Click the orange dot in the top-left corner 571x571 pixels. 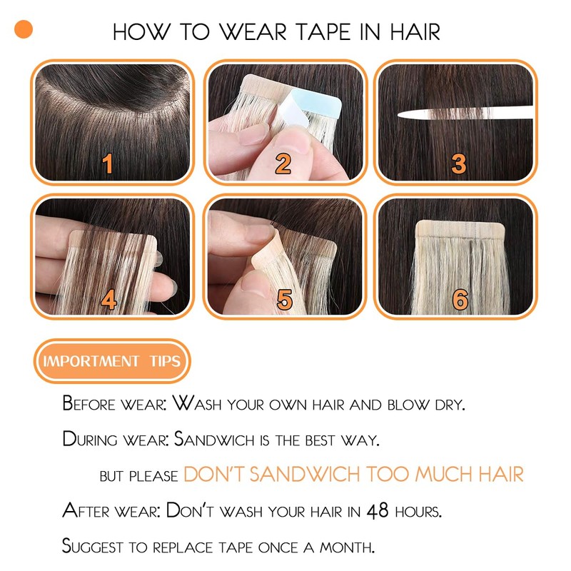click(x=23, y=29)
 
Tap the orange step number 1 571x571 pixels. click(x=108, y=165)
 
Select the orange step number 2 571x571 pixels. click(x=283, y=165)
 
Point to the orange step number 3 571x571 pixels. click(x=458, y=165)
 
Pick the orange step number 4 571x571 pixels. click(x=108, y=300)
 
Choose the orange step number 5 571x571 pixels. click(x=284, y=300)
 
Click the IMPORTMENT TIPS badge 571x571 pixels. click(x=112, y=360)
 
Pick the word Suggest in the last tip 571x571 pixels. click(x=89, y=547)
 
